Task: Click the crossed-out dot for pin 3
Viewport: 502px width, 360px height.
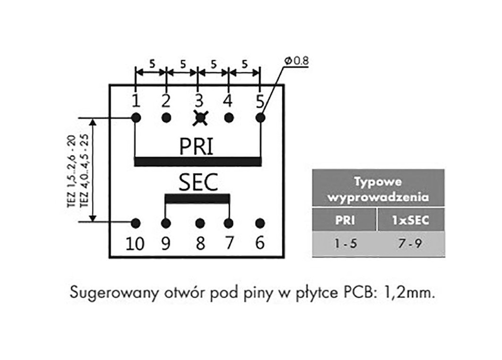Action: (200, 118)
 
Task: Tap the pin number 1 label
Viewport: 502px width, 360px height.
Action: (136, 101)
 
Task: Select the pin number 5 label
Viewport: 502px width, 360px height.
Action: (260, 101)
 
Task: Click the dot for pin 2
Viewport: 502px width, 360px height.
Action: (166, 118)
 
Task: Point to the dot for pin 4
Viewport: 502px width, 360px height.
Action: (228, 118)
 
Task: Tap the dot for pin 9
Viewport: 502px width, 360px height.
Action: (166, 224)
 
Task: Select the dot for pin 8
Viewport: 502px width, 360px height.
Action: (200, 224)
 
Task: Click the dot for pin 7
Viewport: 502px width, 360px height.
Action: (228, 224)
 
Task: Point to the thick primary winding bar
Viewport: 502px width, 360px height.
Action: (198, 161)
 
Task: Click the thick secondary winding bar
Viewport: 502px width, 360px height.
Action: (197, 199)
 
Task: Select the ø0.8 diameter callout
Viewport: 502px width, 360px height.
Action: (296, 61)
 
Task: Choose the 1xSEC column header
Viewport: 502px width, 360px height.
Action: (410, 220)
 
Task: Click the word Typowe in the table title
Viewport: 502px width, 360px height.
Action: (378, 182)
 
